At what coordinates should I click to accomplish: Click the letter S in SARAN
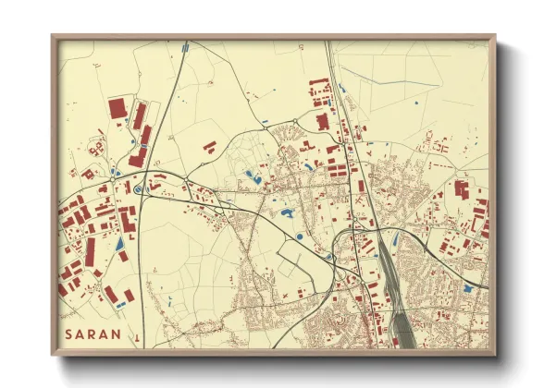[x=68, y=333]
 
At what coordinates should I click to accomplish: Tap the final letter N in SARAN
[x=116, y=333]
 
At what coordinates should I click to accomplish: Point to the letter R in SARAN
[x=93, y=333]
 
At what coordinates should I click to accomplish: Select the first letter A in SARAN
[x=80, y=333]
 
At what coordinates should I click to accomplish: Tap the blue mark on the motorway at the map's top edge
[x=186, y=44]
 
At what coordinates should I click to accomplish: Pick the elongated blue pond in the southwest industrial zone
[x=119, y=244]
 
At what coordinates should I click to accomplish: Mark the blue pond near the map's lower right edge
[x=467, y=289]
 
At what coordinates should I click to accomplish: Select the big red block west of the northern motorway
[x=322, y=121]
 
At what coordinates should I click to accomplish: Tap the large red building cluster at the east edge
[x=460, y=189]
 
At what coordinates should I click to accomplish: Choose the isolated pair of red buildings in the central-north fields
[x=209, y=146]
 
